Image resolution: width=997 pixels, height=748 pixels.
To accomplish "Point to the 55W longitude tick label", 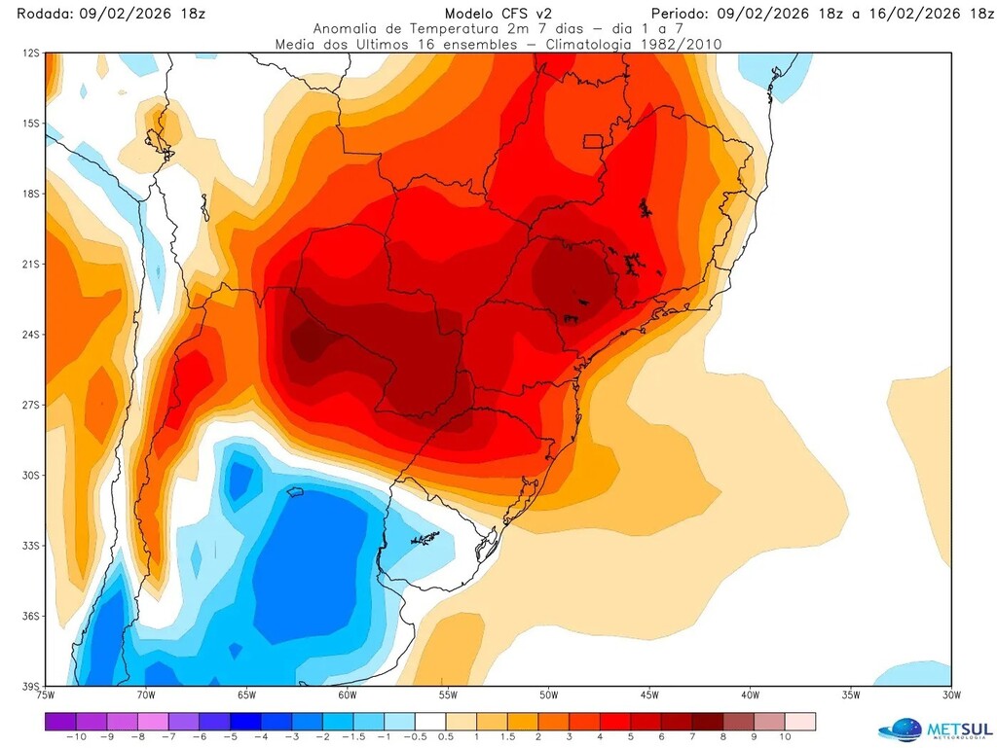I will [447, 695].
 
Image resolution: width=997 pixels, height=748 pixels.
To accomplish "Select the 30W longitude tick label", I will [950, 695].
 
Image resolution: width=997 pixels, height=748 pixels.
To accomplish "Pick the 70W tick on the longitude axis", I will [145, 695].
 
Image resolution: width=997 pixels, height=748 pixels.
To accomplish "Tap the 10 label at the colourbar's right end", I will [783, 737].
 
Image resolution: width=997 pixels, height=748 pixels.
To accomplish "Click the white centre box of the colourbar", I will [429, 722].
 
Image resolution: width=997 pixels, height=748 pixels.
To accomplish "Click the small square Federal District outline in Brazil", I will [593, 141].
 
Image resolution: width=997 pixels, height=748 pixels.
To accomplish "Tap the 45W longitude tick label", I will [648, 695].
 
